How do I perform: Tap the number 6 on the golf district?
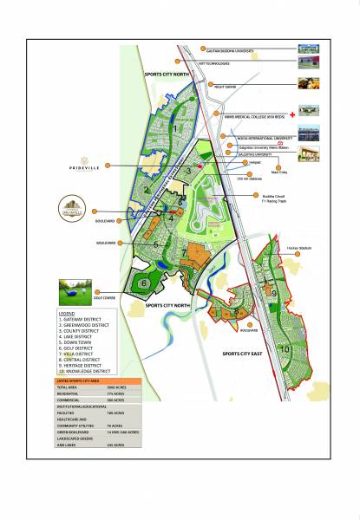click(141, 283)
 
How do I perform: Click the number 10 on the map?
click(284, 349)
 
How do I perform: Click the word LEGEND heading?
click(68, 312)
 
